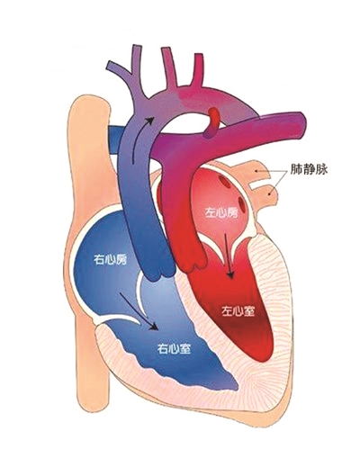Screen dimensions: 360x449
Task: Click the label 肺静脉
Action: [309, 169]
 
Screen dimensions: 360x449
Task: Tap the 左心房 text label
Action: [220, 212]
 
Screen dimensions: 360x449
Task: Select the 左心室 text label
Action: [238, 311]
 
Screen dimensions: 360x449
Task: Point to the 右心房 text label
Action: [110, 259]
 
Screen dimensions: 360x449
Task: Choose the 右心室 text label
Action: [175, 348]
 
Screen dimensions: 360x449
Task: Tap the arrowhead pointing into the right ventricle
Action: [154, 326]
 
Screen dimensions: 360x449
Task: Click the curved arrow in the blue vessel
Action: [140, 138]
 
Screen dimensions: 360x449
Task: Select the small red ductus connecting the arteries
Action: [212, 123]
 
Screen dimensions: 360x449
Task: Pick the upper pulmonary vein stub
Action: [257, 170]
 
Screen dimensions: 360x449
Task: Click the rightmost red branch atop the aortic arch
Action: [198, 69]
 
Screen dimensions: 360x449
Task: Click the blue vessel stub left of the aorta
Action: [115, 139]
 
